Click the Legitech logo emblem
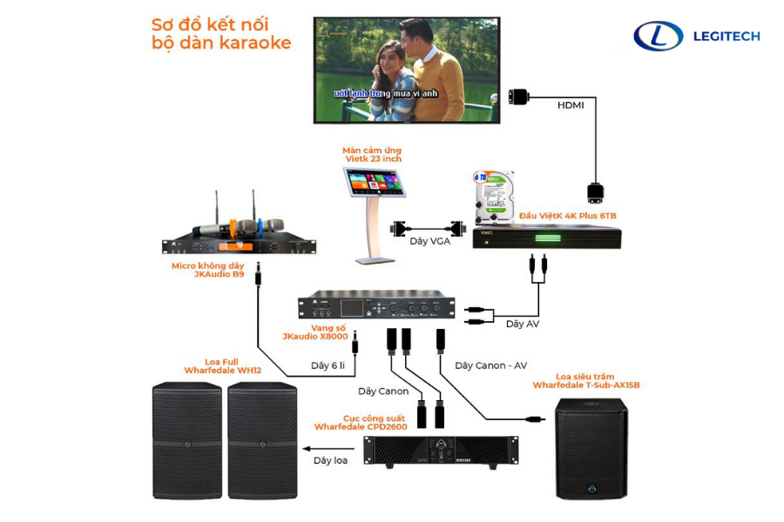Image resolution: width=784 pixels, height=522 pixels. pyautogui.click(x=658, y=36)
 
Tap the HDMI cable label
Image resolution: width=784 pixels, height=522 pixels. pyautogui.click(x=571, y=104)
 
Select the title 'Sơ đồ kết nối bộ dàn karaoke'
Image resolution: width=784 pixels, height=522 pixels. pyautogui.click(x=220, y=33)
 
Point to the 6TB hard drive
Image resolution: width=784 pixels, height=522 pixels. pyautogui.click(x=493, y=191)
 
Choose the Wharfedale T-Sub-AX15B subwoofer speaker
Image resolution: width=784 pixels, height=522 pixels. pyautogui.click(x=591, y=448)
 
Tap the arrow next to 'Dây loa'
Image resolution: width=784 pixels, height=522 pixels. pyautogui.click(x=307, y=449)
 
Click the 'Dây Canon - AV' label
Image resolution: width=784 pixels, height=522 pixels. pyautogui.click(x=490, y=365)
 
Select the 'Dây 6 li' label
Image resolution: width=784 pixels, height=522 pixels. pyautogui.click(x=329, y=365)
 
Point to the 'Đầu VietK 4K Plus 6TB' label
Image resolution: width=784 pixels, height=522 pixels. pyautogui.click(x=567, y=215)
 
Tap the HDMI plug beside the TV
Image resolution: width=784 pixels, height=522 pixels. pyautogui.click(x=517, y=95)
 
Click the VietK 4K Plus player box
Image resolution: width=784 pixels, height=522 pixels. pyautogui.click(x=547, y=237)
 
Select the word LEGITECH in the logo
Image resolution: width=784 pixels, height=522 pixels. pyautogui.click(x=726, y=36)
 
